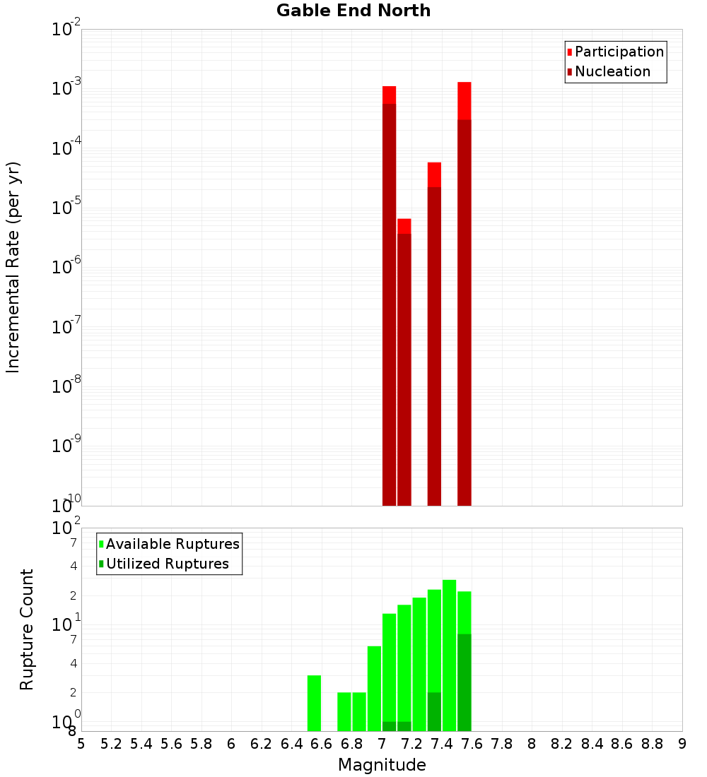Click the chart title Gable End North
click(353, 11)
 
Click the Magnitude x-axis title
click(382, 765)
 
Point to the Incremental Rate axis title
click(13, 267)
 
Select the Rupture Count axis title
click(27, 629)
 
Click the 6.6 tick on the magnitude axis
click(322, 744)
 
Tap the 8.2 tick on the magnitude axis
click(562, 744)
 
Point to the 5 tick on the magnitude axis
click(81, 744)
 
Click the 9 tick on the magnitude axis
click(682, 744)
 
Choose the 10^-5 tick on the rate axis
click(68, 208)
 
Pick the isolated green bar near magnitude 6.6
click(315, 703)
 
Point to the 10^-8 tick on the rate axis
click(68, 386)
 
